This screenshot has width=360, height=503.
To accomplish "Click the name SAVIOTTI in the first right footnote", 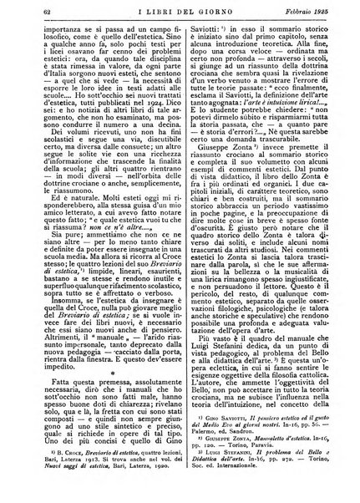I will pyautogui.click(x=229, y=439).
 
